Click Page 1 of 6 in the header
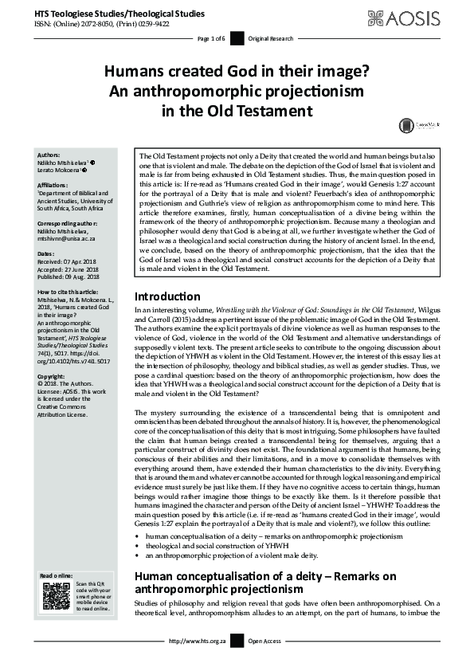(x=211, y=38)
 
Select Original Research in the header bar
(x=270, y=38)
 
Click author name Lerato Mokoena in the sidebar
(x=60, y=171)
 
